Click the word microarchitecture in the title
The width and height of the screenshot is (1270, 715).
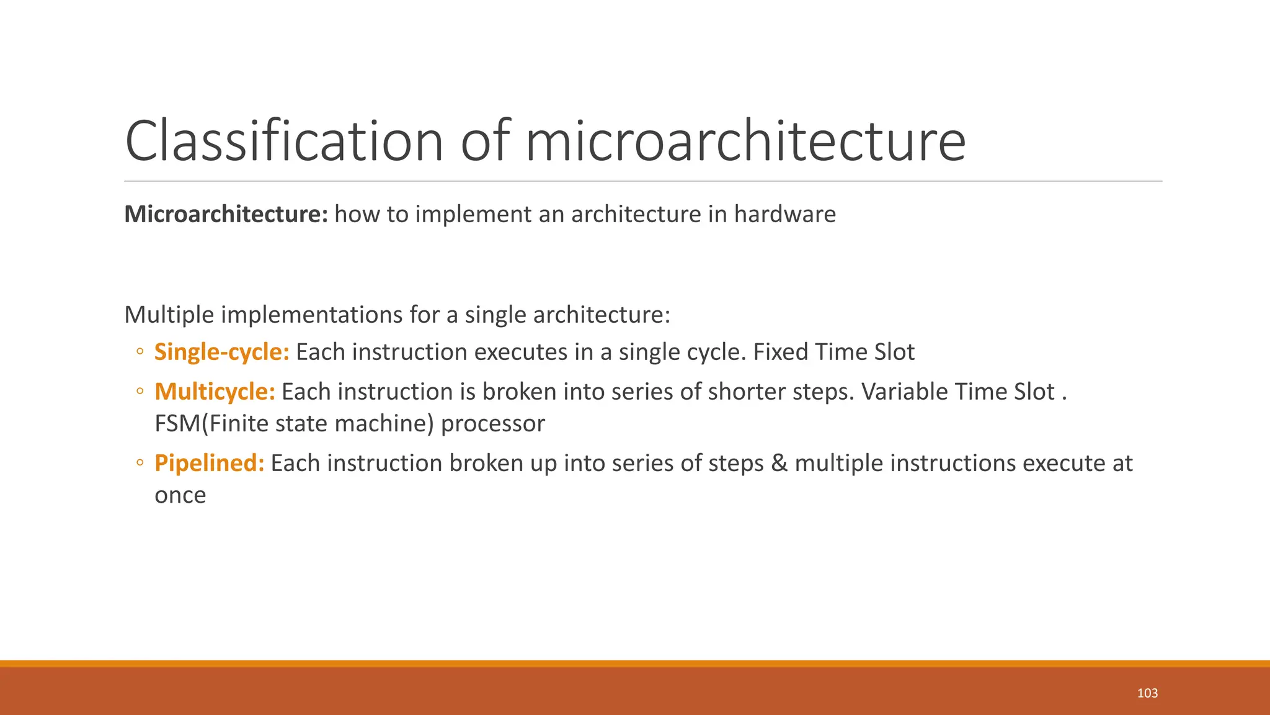click(x=745, y=142)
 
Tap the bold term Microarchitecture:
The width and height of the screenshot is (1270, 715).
click(x=226, y=214)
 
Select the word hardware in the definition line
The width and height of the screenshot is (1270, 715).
click(x=784, y=214)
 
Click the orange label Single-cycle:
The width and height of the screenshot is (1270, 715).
click(x=221, y=352)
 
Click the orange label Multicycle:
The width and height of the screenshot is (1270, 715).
click(x=215, y=392)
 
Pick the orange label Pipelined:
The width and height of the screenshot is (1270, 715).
click(x=209, y=463)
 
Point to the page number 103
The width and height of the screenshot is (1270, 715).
click(x=1147, y=693)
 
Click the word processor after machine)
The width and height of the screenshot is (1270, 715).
click(x=492, y=423)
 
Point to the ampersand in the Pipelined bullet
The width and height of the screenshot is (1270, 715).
click(x=779, y=463)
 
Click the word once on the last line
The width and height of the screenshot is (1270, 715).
click(x=180, y=495)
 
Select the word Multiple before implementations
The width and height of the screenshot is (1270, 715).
click(x=169, y=315)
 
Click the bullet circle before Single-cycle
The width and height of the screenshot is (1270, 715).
click(x=140, y=352)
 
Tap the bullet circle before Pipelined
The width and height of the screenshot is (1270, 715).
click(x=140, y=463)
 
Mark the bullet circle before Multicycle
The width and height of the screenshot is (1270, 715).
click(x=140, y=392)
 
